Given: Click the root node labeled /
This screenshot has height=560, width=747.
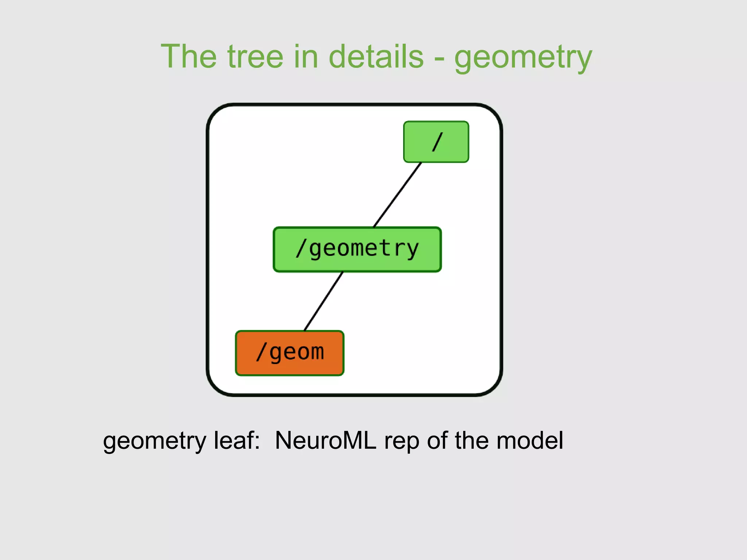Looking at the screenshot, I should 436,142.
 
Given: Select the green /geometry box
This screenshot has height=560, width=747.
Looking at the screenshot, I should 357,249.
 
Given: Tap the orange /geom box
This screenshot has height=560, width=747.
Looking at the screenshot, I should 290,353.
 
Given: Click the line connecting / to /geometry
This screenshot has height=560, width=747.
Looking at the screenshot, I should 398,194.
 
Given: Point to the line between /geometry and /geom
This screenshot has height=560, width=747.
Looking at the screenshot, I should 324,301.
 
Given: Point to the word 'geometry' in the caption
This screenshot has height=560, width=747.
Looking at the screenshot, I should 155,442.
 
